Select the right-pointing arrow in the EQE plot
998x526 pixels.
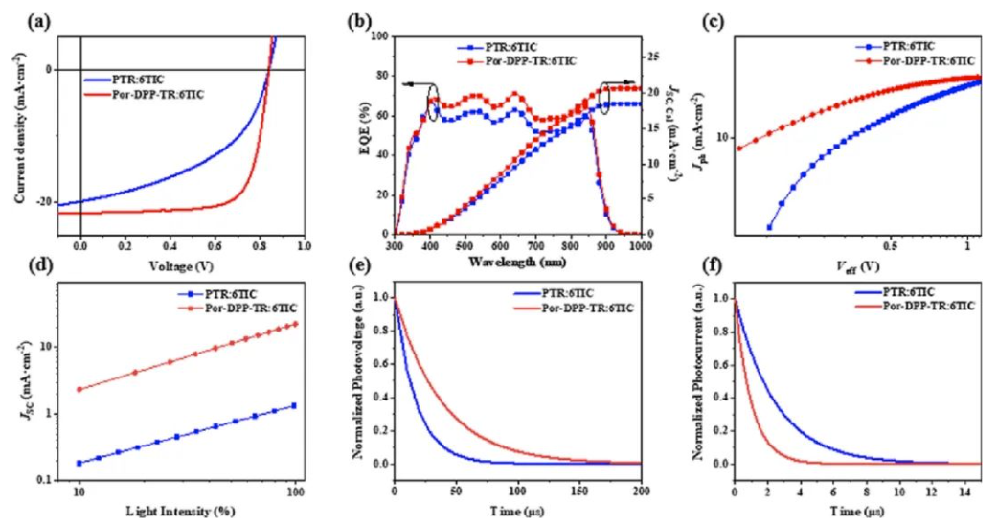click(623, 83)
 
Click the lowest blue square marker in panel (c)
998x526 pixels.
click(769, 227)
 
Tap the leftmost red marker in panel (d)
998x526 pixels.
click(79, 389)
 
